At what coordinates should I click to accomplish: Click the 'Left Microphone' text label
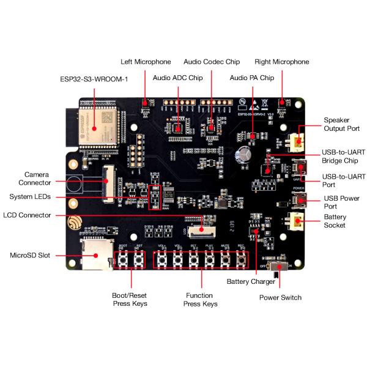click(x=146, y=62)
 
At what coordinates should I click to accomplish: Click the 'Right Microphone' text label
click(x=282, y=62)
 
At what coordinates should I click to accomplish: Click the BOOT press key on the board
click(x=122, y=261)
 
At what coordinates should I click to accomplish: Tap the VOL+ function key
click(x=162, y=261)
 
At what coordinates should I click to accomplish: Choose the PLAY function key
click(x=210, y=261)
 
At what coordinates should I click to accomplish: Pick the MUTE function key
click(x=226, y=261)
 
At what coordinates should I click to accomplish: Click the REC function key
click(x=242, y=261)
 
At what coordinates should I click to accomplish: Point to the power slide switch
click(x=280, y=267)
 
